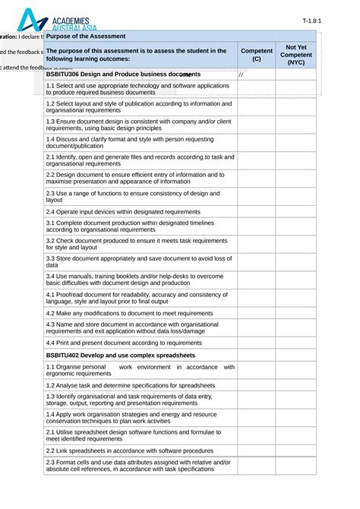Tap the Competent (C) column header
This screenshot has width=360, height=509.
(256, 55)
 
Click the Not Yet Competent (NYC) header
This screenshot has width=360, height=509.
(295, 55)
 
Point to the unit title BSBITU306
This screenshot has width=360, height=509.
(122, 74)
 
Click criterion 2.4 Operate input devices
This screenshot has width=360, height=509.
(123, 211)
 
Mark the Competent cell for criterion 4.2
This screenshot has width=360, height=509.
(256, 312)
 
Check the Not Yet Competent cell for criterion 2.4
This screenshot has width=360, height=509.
(295, 211)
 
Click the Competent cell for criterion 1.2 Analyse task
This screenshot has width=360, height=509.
(256, 385)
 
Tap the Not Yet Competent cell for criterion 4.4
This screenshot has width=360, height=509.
(295, 343)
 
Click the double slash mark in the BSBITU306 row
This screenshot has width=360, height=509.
(241, 74)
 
